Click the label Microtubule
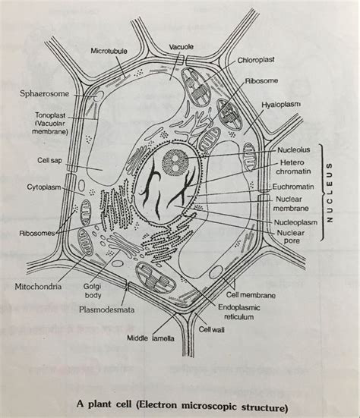(109, 51)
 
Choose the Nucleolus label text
(294, 149)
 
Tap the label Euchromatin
(296, 185)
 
